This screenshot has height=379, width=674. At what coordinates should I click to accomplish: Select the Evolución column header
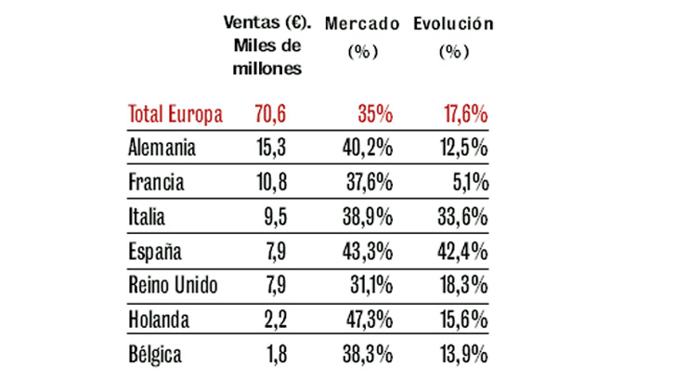(453, 22)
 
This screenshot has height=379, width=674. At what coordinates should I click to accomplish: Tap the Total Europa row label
(175, 115)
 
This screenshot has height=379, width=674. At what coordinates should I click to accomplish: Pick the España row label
(154, 252)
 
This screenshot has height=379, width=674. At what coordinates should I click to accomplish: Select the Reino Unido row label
(173, 286)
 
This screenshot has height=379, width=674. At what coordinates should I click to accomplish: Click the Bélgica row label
(155, 355)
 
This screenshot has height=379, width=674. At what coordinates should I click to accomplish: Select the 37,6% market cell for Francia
(369, 183)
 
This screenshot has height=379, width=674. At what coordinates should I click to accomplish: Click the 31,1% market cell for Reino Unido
(369, 286)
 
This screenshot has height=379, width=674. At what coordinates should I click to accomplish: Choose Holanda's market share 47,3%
(369, 320)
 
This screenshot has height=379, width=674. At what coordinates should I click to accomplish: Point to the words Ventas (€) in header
(267, 22)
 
